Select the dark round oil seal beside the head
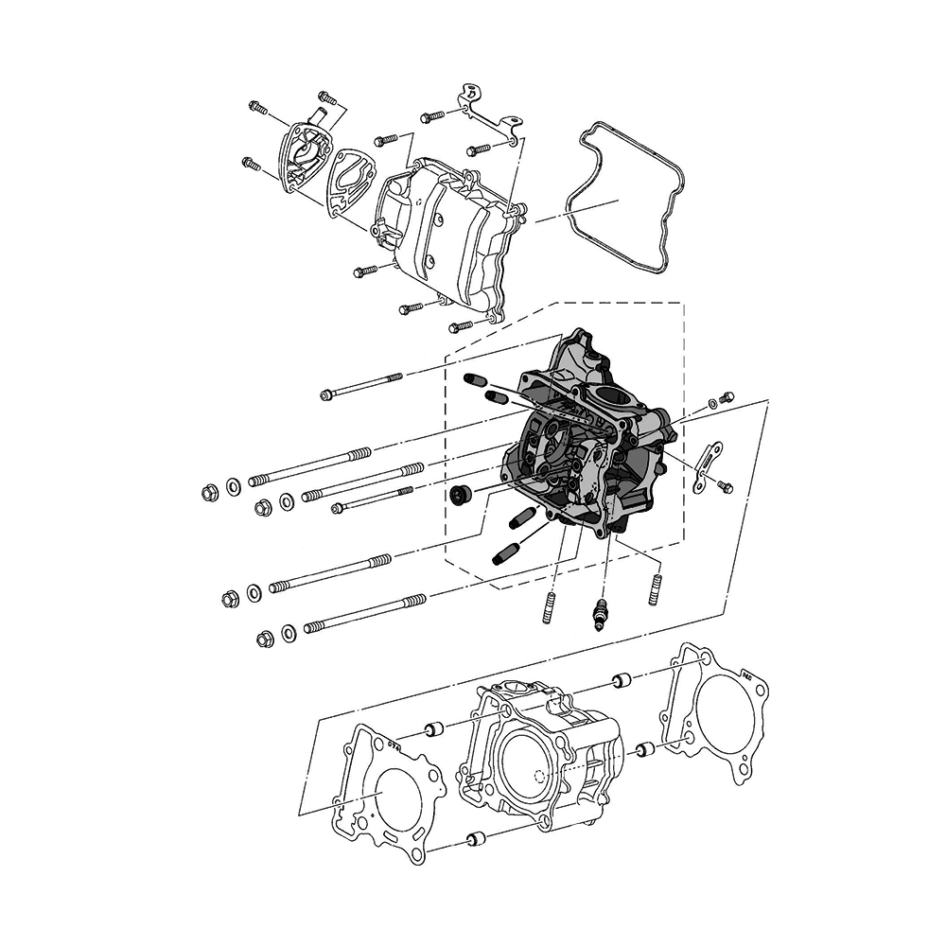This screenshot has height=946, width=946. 463,493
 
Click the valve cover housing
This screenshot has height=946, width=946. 445,236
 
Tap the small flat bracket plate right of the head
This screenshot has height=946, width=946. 705,465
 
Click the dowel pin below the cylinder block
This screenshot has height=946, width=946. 475,839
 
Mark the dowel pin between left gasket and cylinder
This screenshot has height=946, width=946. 436,729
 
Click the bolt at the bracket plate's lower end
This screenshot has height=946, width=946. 725,486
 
